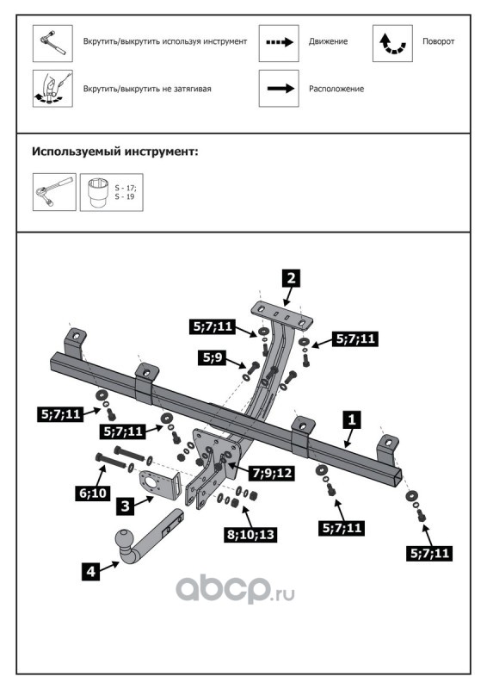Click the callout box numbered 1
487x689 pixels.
click(x=352, y=419)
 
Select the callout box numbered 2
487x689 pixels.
click(x=291, y=278)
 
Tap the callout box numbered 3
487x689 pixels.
click(x=126, y=506)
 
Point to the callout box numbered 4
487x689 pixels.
click(x=90, y=571)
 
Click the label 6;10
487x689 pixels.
click(x=93, y=493)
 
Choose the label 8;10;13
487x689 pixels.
click(x=250, y=534)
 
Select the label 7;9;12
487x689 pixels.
click(x=272, y=473)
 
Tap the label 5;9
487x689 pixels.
click(x=213, y=357)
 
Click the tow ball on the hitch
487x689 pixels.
click(x=123, y=539)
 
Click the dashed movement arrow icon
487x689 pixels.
click(x=280, y=42)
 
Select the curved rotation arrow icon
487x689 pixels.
click(x=392, y=43)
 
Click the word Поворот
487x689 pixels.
click(x=438, y=41)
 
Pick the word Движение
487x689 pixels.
click(x=328, y=41)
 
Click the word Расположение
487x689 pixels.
click(x=336, y=89)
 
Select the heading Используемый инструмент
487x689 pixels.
click(x=115, y=152)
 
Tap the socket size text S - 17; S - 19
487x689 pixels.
click(x=126, y=192)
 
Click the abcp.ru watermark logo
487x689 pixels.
click(x=235, y=590)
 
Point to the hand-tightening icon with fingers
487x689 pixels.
click(x=52, y=89)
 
